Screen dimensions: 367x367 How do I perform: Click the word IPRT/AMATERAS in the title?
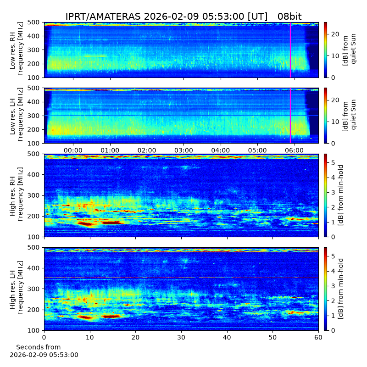pyautogui.click(x=103, y=17)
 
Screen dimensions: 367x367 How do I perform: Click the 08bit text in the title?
pyautogui.click(x=289, y=17)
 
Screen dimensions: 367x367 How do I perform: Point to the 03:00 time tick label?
pyautogui.click(x=184, y=150)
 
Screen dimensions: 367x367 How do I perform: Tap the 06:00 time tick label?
pyautogui.click(x=295, y=150)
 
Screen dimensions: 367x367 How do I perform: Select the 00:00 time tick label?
pyautogui.click(x=73, y=150)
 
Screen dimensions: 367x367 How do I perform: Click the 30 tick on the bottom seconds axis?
pyautogui.click(x=181, y=337)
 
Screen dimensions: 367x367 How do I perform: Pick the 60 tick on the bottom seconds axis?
pyautogui.click(x=318, y=337)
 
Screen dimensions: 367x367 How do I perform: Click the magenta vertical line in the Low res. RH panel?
pyautogui.click(x=290, y=50)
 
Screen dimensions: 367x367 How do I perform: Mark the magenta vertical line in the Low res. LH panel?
pyautogui.click(x=290, y=116)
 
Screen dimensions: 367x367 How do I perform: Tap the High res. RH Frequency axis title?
pyautogui.click(x=17, y=194)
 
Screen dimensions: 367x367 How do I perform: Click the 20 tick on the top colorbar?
pyautogui.click(x=336, y=34)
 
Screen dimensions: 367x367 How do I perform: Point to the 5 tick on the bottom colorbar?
pyautogui.click(x=334, y=256)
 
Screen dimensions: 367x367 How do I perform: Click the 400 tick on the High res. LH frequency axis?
pyautogui.click(x=34, y=268)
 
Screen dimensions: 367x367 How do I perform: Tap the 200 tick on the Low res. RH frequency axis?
pyautogui.click(x=34, y=64)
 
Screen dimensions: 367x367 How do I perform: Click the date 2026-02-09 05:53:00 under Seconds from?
pyautogui.click(x=44, y=355)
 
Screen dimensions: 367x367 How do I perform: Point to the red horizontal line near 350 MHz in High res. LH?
pyautogui.click(x=181, y=278)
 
